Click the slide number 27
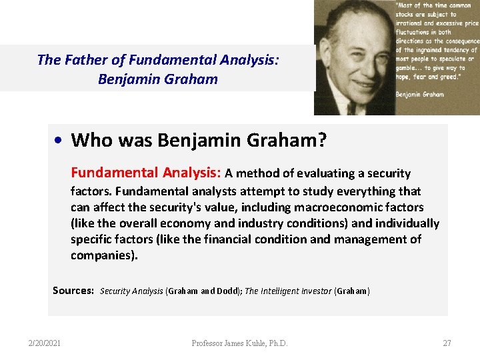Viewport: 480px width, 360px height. (447, 343)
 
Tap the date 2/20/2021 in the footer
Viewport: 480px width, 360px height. (45, 343)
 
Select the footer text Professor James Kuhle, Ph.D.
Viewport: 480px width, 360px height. (240, 343)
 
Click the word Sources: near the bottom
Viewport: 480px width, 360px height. (73, 291)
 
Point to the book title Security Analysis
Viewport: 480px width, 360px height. (131, 291)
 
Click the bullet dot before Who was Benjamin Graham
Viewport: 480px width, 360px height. (59, 141)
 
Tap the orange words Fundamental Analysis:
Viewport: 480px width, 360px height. (146, 173)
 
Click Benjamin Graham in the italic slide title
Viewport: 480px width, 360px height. (157, 79)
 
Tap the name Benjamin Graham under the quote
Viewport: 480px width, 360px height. (419, 95)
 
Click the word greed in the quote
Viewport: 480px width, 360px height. (443, 77)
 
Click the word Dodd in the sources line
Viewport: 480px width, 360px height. (226, 291)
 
